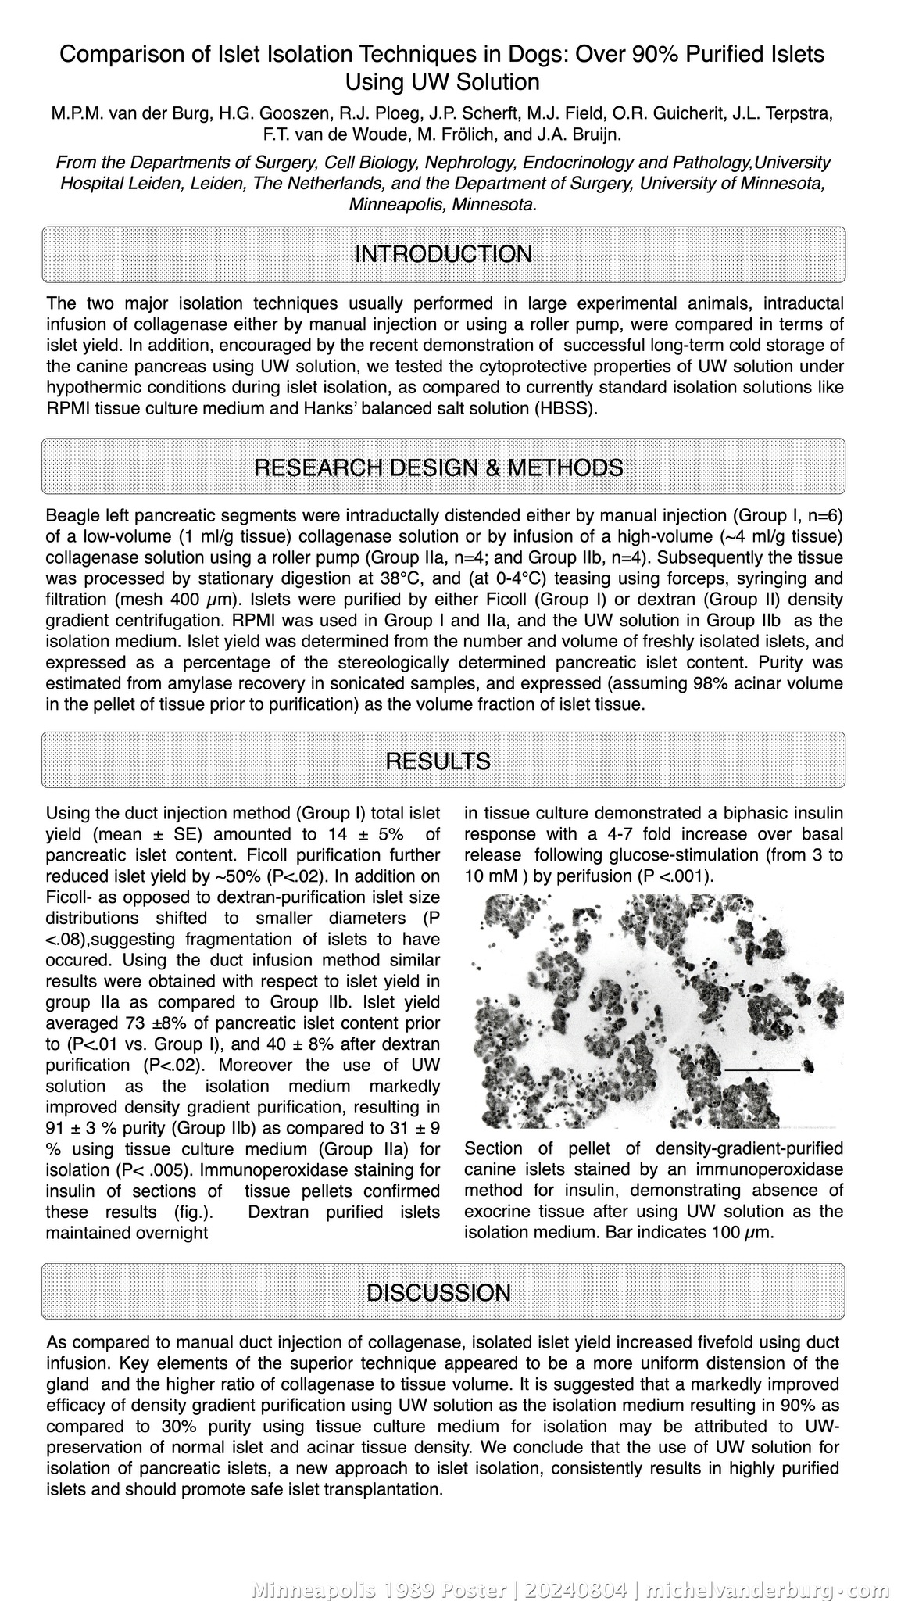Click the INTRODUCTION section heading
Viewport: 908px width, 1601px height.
point(443,254)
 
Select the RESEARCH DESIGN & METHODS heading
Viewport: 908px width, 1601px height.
point(438,467)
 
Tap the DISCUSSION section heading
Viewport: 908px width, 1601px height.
point(438,1292)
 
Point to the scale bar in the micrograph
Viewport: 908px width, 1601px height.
point(762,1068)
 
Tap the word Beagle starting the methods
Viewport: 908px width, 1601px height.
point(73,516)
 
